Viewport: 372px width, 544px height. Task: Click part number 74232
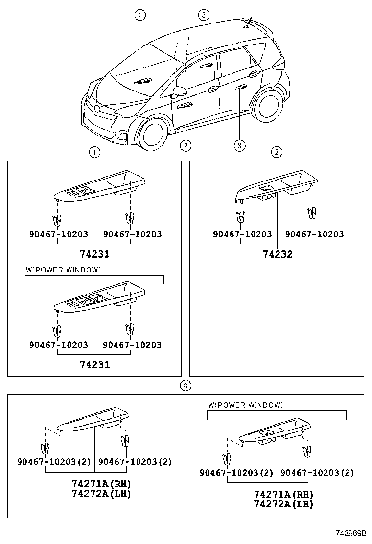[x=277, y=254]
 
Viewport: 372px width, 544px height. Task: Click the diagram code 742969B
[x=350, y=532]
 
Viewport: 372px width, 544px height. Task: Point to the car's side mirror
[x=180, y=91]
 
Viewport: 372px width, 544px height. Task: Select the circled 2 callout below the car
[x=186, y=145]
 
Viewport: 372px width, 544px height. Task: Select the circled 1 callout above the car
[x=140, y=15]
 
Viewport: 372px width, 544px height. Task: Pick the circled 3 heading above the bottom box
[x=186, y=386]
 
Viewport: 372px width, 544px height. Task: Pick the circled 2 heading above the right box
[x=277, y=152]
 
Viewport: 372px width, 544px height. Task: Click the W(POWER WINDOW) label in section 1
[x=63, y=270]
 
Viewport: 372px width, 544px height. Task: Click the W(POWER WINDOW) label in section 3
[x=245, y=405]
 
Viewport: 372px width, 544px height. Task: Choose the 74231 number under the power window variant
[x=94, y=365]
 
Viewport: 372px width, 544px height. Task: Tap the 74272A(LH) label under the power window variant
[x=283, y=504]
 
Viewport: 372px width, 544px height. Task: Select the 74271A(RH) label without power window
[x=101, y=484]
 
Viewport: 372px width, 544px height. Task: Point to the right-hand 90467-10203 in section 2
[x=314, y=234]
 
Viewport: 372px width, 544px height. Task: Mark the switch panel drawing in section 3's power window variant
[x=274, y=433]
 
